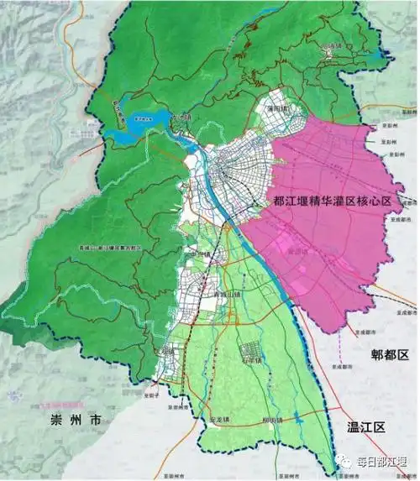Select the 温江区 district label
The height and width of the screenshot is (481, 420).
[363, 426]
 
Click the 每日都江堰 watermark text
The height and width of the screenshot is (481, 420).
[381, 460]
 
